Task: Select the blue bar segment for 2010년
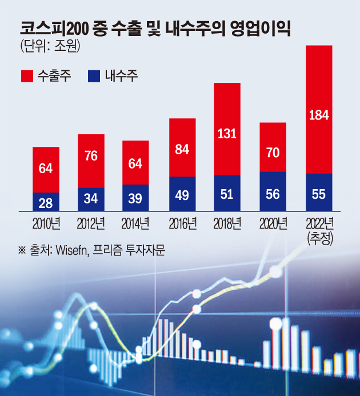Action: (x=46, y=202)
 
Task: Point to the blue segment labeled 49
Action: (x=182, y=194)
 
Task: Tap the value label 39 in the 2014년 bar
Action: (x=136, y=198)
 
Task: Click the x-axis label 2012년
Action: (x=91, y=222)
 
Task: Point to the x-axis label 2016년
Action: (x=182, y=222)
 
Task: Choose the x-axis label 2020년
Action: (x=273, y=222)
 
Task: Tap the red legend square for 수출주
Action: (x=26, y=75)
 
